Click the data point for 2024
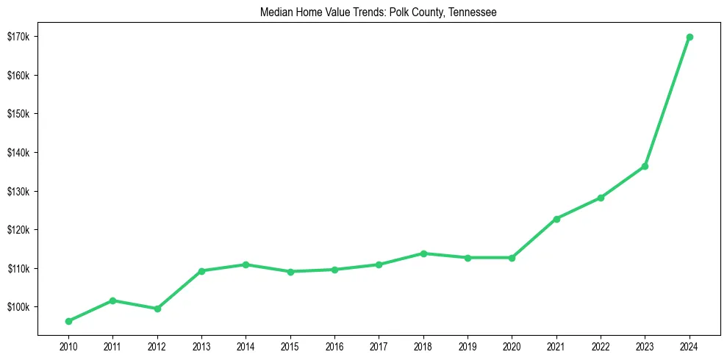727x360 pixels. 689,37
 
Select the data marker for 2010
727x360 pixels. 68,321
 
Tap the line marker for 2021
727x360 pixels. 556,219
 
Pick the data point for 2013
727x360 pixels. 201,271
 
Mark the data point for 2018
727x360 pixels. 423,253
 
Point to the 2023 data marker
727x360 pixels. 645,166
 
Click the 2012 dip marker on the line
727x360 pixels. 157,309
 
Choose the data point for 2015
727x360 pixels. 290,272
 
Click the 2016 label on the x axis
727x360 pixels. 334,346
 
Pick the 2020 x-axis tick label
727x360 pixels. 512,346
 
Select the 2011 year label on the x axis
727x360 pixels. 112,346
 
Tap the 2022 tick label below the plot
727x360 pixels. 601,346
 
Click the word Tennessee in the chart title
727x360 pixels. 470,12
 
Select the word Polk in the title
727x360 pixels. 399,12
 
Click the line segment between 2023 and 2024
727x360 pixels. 667,101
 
